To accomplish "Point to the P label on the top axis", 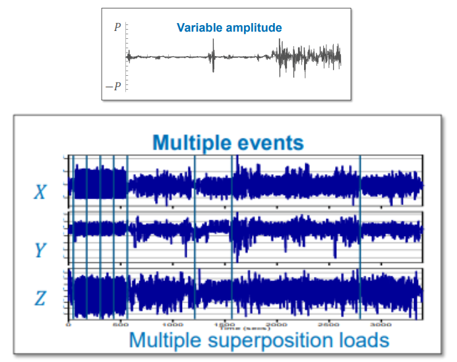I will pos(117,27).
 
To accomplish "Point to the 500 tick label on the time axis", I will pos(120,325).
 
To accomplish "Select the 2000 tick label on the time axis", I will pos(276,325).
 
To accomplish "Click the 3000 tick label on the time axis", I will pos(381,325).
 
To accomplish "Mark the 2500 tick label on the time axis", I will pos(328,325).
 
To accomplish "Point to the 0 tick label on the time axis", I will pos(69,325).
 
